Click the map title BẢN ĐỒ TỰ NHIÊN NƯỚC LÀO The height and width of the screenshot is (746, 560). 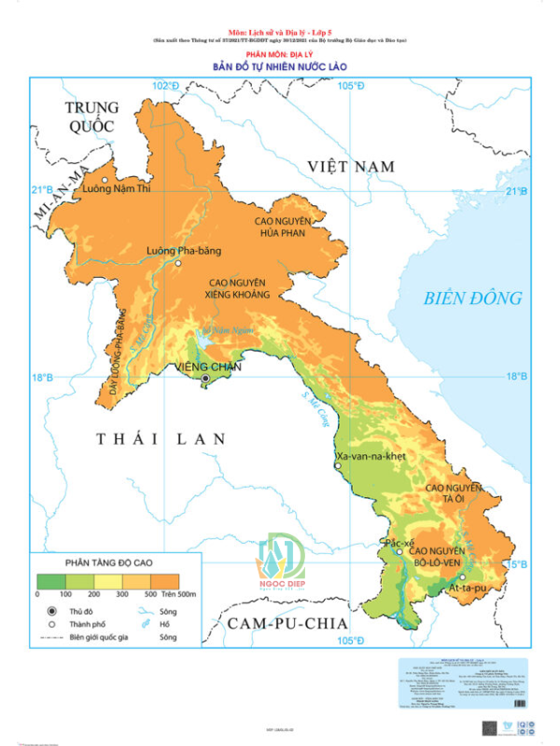281,67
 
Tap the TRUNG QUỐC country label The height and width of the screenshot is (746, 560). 91,117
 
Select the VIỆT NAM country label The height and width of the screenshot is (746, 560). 352,166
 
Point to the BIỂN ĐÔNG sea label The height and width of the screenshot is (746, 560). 472,298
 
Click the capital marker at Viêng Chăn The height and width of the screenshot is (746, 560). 205,380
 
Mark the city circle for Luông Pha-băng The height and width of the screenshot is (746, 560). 178,264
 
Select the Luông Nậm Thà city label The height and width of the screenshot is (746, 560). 117,189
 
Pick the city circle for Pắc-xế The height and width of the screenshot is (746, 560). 399,552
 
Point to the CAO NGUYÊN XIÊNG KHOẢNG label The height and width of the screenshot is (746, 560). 238,288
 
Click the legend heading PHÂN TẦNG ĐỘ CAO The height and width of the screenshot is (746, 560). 108,564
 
